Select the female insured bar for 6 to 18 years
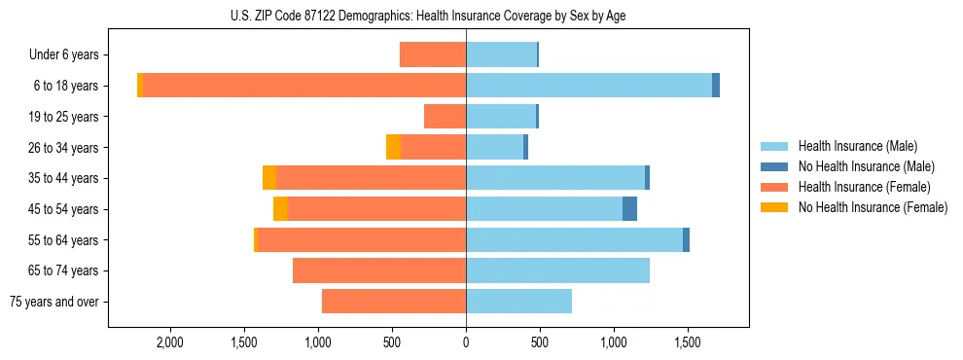[x=304, y=86]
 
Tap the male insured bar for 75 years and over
[x=518, y=302]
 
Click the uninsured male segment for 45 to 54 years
[x=629, y=209]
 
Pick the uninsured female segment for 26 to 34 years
[x=393, y=147]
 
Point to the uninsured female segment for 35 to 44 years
[x=269, y=178]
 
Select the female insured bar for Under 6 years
[x=433, y=54]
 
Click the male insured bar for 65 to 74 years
[x=557, y=270]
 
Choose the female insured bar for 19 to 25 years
[x=445, y=117]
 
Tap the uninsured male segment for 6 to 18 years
[x=716, y=86]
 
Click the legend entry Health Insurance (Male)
[x=856, y=146]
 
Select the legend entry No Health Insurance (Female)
[x=872, y=207]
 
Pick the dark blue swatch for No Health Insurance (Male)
[x=774, y=166]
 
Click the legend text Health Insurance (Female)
[x=864, y=187]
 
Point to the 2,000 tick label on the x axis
[x=170, y=343]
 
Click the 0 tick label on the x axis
[x=466, y=343]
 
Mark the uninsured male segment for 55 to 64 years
[x=686, y=240]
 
